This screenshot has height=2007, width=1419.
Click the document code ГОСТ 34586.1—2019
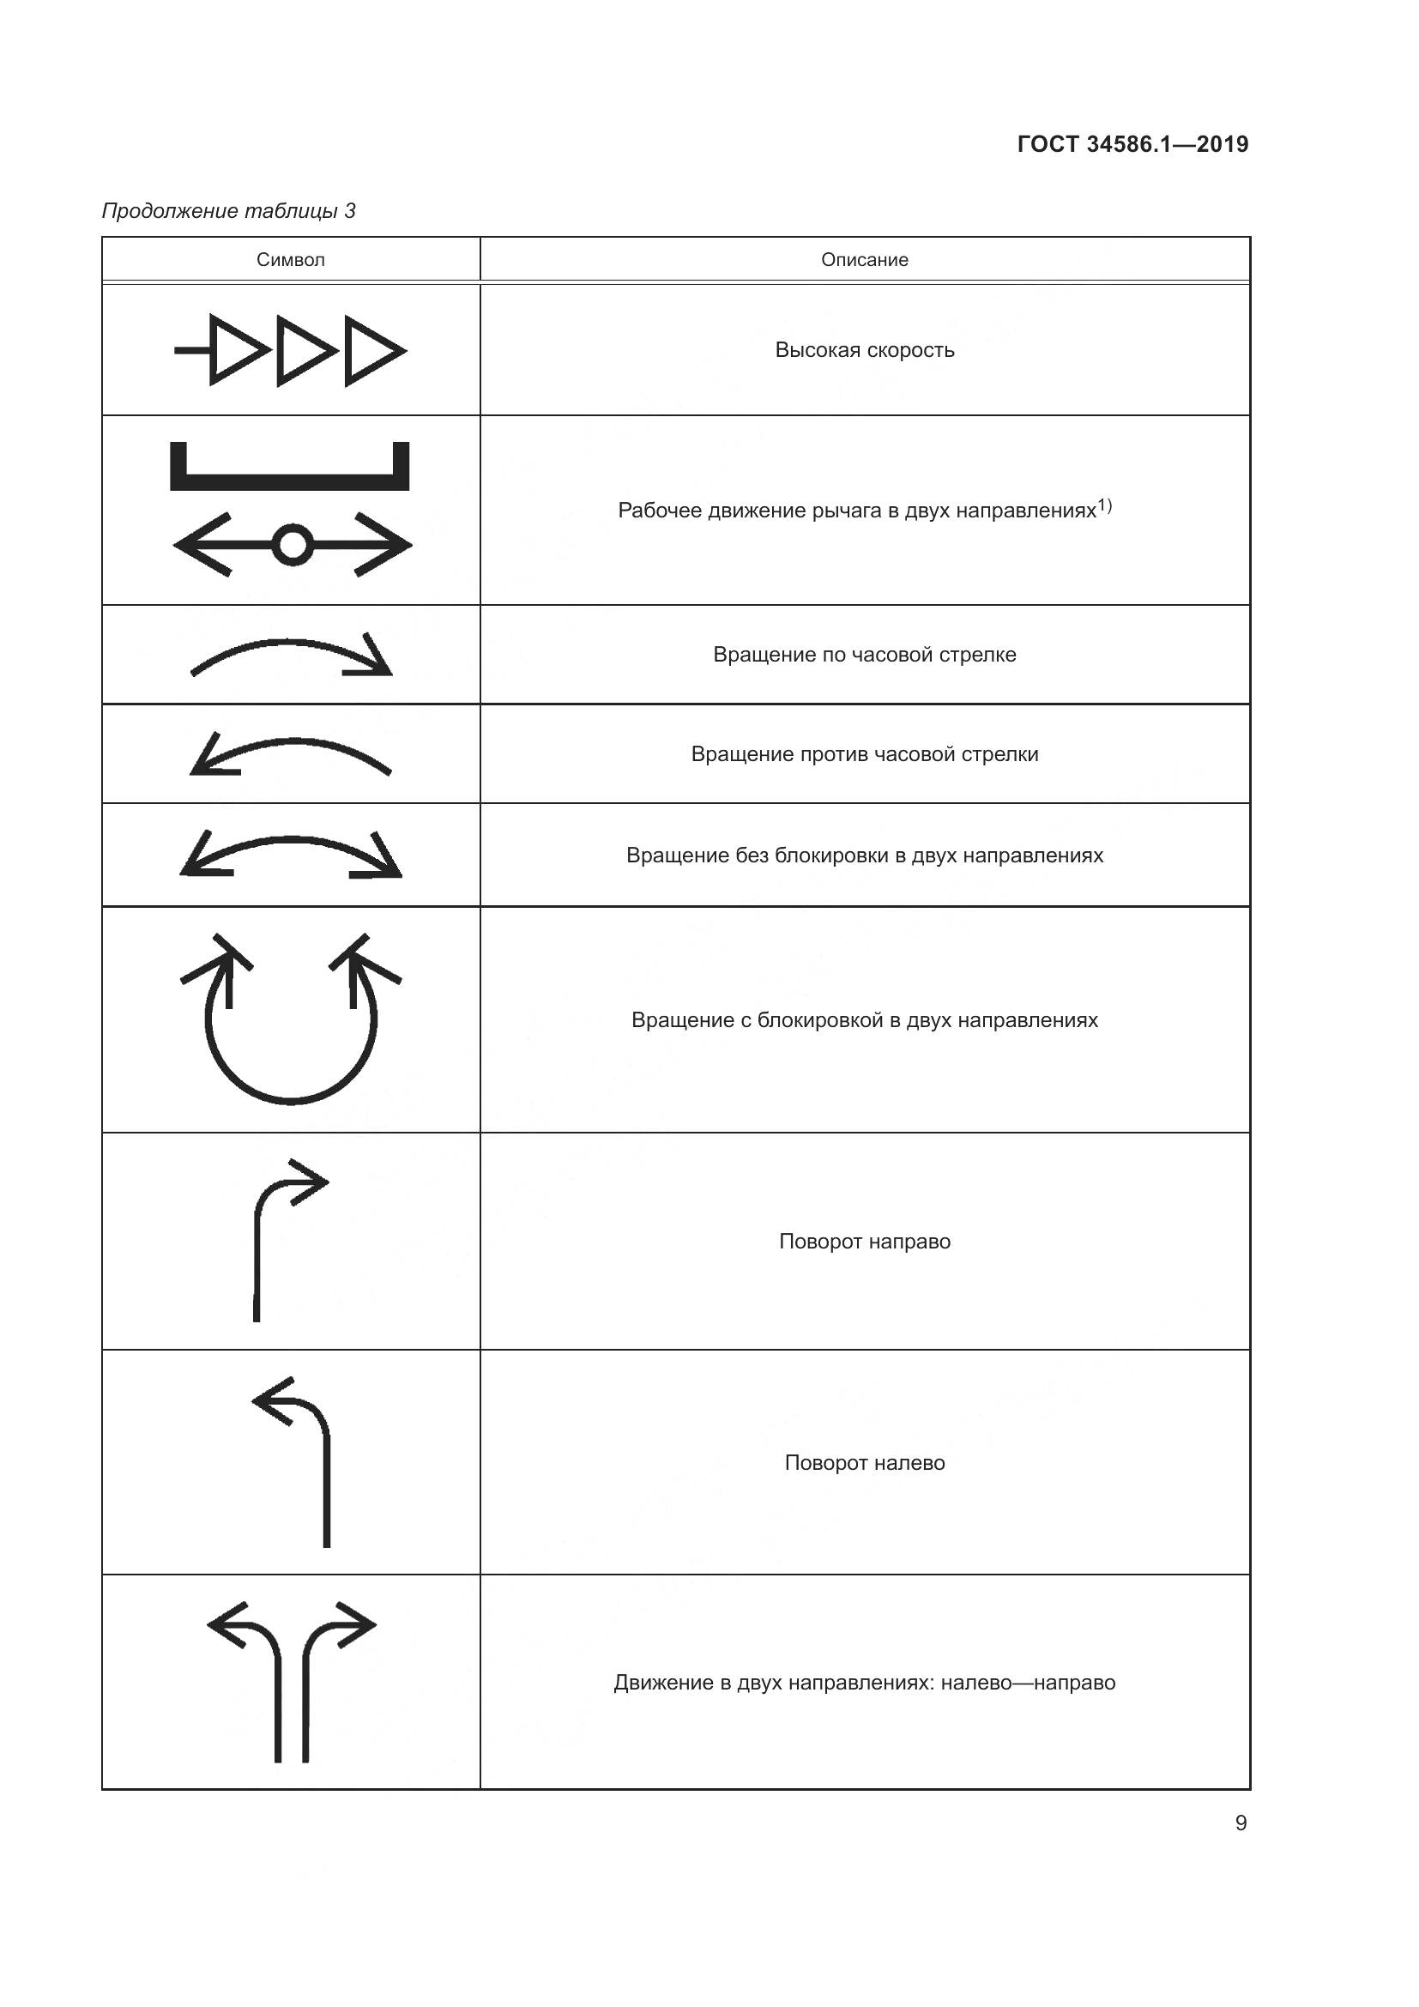tap(1132, 144)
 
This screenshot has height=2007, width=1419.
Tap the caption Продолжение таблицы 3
tap(229, 211)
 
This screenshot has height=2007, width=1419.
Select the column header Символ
tap(290, 260)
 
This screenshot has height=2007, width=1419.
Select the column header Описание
tap(864, 260)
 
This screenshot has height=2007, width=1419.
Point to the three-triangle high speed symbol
tap(291, 351)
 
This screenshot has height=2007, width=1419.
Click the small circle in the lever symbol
tap(292, 546)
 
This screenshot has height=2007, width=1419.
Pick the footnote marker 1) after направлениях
tap(1104, 505)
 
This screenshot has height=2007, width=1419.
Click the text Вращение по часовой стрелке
tap(864, 655)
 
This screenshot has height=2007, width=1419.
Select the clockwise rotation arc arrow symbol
tap(292, 656)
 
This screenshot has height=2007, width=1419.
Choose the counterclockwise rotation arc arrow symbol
tap(290, 754)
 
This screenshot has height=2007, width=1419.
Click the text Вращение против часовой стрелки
tap(864, 754)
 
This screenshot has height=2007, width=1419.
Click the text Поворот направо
tap(864, 1242)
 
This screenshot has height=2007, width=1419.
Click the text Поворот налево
tap(864, 1462)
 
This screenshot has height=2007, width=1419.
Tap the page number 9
tap(1241, 1823)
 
